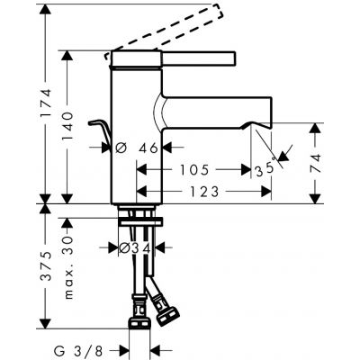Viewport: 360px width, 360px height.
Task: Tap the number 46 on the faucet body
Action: [x=147, y=147]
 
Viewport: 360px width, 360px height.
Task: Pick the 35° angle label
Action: [x=264, y=168]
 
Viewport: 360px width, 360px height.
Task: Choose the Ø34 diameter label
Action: [x=136, y=247]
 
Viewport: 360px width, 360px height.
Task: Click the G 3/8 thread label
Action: [x=92, y=351]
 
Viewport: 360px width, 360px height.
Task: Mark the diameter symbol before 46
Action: [x=118, y=147]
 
